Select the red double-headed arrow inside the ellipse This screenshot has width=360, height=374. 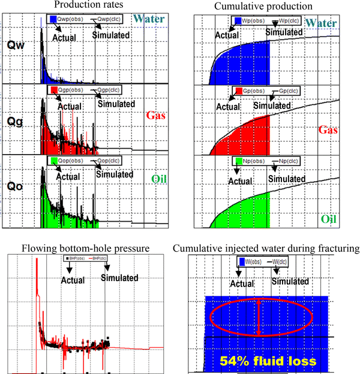tap(259, 317)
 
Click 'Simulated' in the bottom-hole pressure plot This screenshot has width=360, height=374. tap(119, 278)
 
